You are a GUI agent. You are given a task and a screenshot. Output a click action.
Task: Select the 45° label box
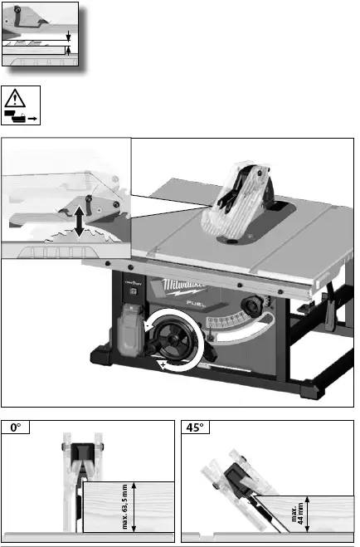click(x=196, y=428)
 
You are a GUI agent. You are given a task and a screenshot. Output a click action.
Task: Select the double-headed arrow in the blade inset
click(x=79, y=221)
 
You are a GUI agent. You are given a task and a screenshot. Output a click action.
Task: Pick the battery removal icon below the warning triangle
click(x=21, y=114)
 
